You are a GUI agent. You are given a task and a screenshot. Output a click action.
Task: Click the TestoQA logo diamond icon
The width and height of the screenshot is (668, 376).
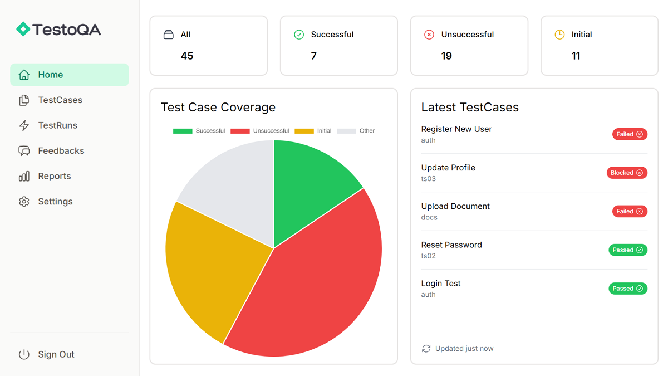coord(23,29)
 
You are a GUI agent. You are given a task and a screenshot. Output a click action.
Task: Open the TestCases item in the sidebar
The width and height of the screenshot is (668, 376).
coord(60,100)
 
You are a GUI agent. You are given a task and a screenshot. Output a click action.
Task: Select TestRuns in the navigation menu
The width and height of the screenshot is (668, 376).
coord(57,125)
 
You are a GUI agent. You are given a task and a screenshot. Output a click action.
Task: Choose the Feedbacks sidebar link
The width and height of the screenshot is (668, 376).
coord(61,151)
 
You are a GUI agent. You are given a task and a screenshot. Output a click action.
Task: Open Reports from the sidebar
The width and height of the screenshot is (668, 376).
coord(54,176)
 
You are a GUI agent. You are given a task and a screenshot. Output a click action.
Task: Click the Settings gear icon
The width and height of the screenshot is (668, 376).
coord(24,202)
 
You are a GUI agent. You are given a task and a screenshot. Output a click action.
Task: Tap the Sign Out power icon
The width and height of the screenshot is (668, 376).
coord(24,354)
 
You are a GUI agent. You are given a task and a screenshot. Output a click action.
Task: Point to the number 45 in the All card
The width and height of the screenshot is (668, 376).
coord(187,56)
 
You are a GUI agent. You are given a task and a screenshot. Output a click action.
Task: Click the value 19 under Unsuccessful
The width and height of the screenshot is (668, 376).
coord(446,56)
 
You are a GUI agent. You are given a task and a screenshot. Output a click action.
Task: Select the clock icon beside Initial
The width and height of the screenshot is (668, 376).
coord(559,35)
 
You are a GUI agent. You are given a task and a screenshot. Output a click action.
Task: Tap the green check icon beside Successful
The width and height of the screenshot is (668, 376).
coord(299,35)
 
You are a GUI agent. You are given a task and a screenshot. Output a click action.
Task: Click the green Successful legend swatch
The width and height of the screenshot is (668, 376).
coord(183,131)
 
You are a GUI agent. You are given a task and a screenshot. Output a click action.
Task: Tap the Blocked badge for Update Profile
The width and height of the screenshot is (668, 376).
coord(627,173)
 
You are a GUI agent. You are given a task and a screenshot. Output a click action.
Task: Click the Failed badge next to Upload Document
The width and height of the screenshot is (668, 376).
coord(630,212)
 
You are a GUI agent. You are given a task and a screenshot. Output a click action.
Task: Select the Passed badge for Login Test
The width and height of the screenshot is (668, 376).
coord(628,289)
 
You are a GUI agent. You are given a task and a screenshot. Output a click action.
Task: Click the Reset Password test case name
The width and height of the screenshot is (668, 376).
coord(451,245)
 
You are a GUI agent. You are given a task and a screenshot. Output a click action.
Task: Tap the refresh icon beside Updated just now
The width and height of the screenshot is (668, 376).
coord(426,349)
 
